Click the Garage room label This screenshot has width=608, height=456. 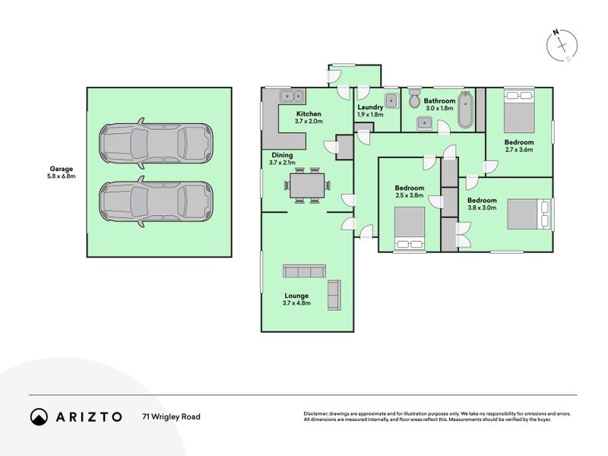62,169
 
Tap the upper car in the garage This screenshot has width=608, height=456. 156,144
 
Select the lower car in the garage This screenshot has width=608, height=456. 156,201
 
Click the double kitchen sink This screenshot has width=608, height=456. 292,96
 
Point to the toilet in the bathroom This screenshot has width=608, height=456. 414,99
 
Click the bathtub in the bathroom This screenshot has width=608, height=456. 466,109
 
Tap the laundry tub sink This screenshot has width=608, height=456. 391,101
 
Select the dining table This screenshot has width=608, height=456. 307,185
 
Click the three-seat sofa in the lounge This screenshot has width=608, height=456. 304,271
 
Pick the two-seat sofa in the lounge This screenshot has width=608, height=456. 334,295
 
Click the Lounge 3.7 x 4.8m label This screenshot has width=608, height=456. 296,299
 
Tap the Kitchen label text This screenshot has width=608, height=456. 309,113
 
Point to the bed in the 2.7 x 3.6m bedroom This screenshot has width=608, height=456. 519,111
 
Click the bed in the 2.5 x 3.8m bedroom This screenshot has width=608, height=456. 410,228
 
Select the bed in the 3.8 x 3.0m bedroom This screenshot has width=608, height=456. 529,214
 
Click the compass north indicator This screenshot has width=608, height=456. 556,32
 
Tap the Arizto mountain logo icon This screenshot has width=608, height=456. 40,416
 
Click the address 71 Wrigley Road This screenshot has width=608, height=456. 172,416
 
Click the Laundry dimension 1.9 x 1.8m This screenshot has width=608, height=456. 370,115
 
